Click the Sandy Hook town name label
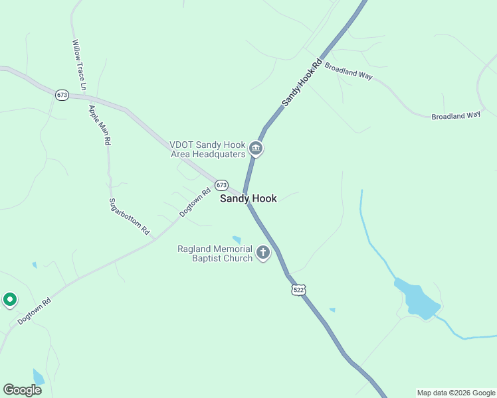click(x=248, y=198)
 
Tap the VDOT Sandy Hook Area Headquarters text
click(x=208, y=150)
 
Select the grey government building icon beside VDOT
click(x=256, y=149)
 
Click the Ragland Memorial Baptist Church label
click(x=215, y=253)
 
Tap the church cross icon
click(x=263, y=253)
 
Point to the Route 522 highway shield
click(x=298, y=291)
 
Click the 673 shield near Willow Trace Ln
click(x=62, y=95)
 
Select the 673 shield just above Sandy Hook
click(x=221, y=185)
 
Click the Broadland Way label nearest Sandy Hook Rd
click(x=348, y=72)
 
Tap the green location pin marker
click(x=10, y=300)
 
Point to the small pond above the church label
click(x=237, y=239)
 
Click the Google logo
click(x=22, y=390)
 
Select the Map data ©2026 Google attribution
click(x=456, y=393)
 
